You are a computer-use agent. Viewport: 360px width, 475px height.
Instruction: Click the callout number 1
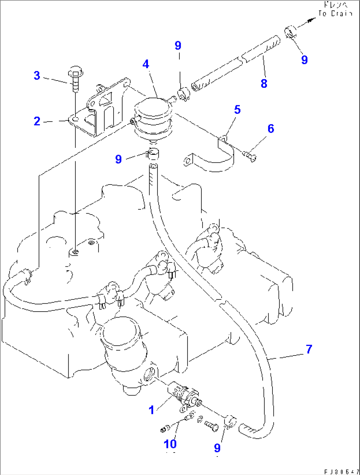click(x=151, y=410)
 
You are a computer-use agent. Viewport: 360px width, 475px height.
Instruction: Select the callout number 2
click(x=37, y=121)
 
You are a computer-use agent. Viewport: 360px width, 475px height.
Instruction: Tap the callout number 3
click(x=37, y=76)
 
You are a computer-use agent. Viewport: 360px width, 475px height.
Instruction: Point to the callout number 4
click(x=146, y=64)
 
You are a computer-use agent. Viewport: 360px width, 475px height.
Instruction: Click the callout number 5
click(x=237, y=110)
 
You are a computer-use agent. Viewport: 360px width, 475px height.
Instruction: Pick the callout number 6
click(x=271, y=128)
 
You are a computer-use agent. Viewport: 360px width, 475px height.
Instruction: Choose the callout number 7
click(x=309, y=349)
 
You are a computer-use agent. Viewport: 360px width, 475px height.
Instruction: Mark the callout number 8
click(x=264, y=83)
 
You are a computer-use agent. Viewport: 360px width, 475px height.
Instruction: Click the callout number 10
click(x=170, y=444)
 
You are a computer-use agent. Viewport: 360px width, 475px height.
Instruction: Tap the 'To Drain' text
click(x=335, y=14)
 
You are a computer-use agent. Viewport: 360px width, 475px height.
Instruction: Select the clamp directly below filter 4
click(x=153, y=153)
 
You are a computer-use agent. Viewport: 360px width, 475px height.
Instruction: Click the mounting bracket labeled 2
click(x=99, y=109)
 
